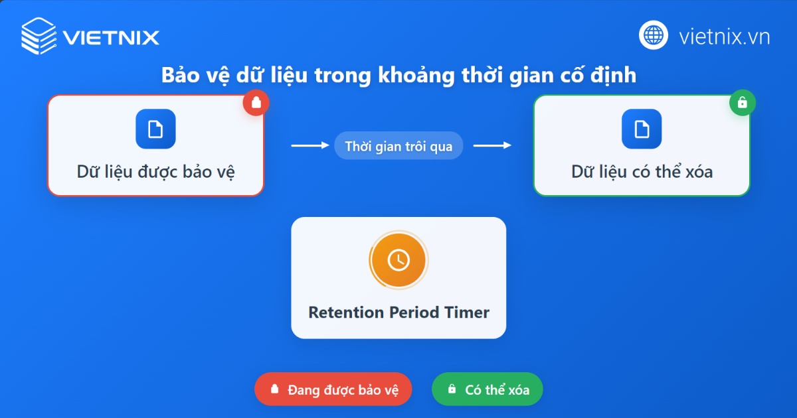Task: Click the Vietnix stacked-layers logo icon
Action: click(x=39, y=36)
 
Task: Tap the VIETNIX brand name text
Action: click(x=111, y=37)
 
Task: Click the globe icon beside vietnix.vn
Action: click(x=654, y=35)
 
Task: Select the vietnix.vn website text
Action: click(x=724, y=36)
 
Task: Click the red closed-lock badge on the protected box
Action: click(x=256, y=103)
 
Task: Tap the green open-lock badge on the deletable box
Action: click(x=743, y=103)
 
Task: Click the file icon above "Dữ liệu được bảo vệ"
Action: click(x=155, y=129)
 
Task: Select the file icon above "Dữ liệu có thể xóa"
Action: click(x=642, y=129)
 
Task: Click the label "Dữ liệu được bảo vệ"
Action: click(x=155, y=172)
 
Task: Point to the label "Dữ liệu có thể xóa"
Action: click(x=642, y=172)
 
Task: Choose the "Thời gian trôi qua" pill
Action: click(x=398, y=146)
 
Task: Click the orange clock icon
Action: click(x=398, y=259)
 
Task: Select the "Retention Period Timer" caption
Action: click(x=398, y=312)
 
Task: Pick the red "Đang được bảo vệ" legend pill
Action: click(x=333, y=389)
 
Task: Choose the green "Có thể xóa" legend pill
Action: click(x=487, y=389)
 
